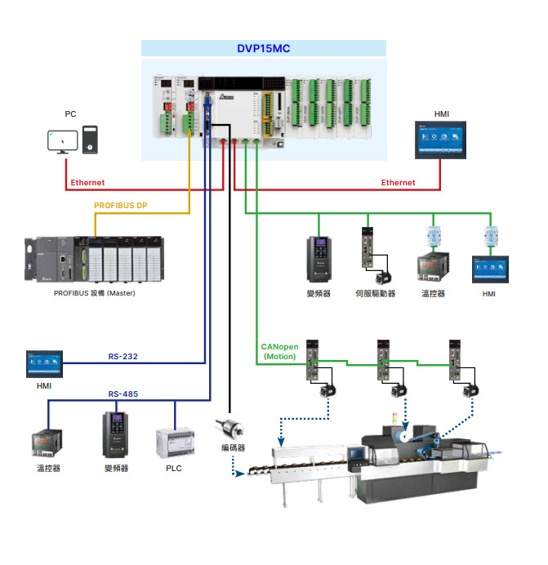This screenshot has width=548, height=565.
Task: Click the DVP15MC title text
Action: coord(264,49)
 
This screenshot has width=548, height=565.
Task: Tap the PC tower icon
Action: coord(90,140)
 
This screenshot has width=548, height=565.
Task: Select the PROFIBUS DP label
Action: coord(121,205)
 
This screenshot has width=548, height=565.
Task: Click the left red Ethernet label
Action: coord(87,183)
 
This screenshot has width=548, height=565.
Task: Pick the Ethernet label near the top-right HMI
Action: coord(398,183)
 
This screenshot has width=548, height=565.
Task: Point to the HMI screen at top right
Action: coord(441,140)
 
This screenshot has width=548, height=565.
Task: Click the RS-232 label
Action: coord(123,356)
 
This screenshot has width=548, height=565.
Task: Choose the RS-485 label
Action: coord(123,394)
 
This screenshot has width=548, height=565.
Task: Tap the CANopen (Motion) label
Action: coord(280,351)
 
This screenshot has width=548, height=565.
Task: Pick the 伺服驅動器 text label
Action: coord(376,293)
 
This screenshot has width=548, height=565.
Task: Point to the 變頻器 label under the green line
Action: coord(319,293)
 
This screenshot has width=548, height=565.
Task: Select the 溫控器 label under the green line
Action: coord(433,293)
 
